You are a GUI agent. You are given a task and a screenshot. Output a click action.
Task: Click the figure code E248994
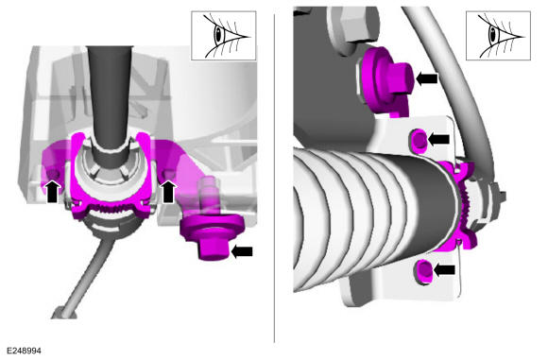[24, 351]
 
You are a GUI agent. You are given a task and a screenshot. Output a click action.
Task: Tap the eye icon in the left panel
[224, 36]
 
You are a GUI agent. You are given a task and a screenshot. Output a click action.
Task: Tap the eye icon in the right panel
[498, 36]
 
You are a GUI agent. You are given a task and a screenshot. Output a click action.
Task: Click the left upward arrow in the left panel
[52, 191]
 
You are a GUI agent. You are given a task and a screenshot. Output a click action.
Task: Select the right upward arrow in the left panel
[168, 191]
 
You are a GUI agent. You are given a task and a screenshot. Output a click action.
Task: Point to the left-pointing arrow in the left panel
[242, 251]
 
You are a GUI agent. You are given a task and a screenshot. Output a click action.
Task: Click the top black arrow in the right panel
[427, 78]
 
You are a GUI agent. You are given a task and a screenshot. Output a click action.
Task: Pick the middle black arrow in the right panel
[438, 140]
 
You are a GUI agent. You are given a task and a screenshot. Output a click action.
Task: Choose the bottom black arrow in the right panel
[444, 269]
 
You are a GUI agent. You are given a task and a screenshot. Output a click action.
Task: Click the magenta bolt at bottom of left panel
[213, 236]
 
